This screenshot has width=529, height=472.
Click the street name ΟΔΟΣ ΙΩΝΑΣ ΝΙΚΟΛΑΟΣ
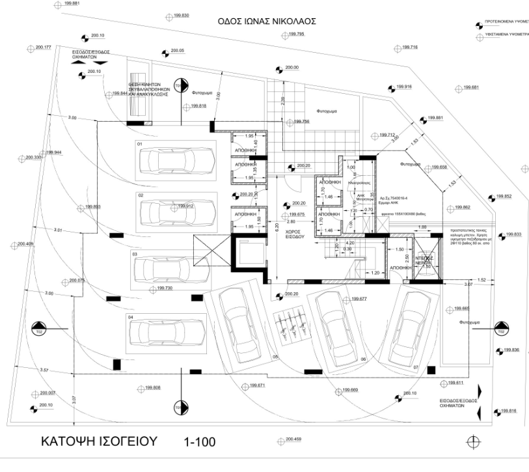tap(267, 21)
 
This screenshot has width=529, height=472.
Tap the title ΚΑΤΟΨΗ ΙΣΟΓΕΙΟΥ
tap(99, 441)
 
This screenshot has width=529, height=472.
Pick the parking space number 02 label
tap(140, 195)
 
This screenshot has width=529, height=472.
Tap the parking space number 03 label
tap(135, 254)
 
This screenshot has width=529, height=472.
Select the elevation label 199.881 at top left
tap(73, 4)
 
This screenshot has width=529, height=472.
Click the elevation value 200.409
tap(25, 244)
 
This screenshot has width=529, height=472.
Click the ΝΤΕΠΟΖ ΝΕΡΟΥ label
tap(424, 259)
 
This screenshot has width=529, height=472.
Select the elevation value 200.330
tap(34, 158)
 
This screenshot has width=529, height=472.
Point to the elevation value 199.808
tap(152, 388)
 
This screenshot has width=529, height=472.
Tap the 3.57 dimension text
tap(44, 370)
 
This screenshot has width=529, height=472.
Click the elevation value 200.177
tap(43, 48)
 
